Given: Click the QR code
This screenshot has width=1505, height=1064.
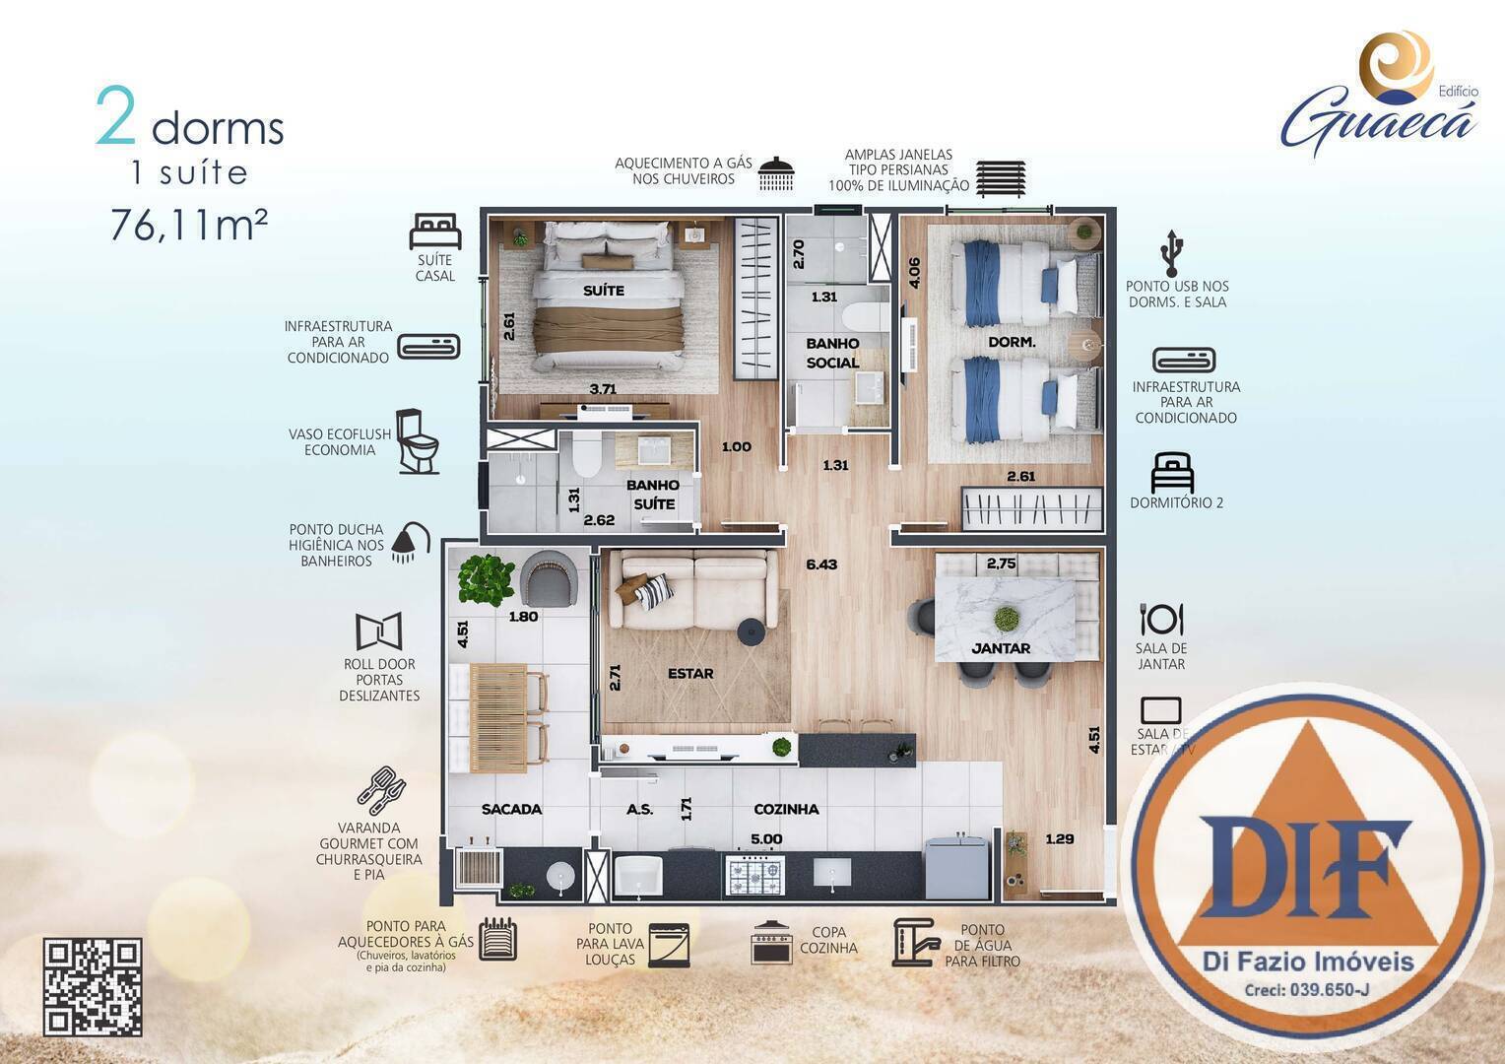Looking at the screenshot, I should coord(93,987).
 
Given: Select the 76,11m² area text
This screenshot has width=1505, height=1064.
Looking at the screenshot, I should coord(188,225).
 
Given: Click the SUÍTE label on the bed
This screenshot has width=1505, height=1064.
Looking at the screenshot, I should coord(603,291).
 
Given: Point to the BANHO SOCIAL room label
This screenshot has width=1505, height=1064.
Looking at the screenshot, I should coord(832,353).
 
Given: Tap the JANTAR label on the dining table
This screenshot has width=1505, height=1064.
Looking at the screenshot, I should coord(1001,648).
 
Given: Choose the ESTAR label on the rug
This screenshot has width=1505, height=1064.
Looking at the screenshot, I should coord(690,674).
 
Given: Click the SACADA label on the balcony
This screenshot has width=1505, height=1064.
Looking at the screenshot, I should coord(511,809).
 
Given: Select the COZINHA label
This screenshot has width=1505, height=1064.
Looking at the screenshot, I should coord(786,809).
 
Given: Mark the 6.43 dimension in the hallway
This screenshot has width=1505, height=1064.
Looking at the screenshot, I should coord(820,565).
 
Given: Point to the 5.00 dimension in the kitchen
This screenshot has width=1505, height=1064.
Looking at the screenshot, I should coord(766,839).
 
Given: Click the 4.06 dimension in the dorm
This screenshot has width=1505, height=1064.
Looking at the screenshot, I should coord(914,273).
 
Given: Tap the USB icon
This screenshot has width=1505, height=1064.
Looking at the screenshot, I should coord(1171,253).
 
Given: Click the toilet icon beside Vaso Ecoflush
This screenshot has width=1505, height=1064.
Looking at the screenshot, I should coord(418,441).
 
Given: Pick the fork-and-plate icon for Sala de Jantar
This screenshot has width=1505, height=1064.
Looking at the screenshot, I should coord(1161,619).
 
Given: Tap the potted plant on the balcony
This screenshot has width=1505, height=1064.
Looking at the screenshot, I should coord(486,578).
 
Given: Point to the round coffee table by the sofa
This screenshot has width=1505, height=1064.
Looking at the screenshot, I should coord(751,631).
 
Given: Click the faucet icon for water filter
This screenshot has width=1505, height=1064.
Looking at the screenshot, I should coord(915,942).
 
